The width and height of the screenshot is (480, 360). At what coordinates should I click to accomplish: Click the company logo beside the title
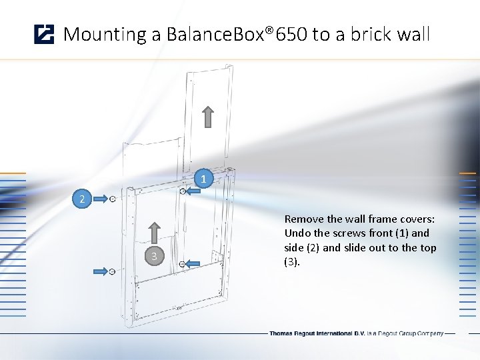[x=44, y=34]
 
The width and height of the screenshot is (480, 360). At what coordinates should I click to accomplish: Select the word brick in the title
[x=367, y=34]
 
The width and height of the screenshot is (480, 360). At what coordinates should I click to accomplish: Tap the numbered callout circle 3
[x=154, y=257]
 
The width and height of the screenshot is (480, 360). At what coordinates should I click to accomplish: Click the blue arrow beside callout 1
[x=194, y=191]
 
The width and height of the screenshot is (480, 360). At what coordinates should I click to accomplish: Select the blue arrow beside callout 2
[x=99, y=199]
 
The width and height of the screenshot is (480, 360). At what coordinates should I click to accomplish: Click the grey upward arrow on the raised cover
[x=208, y=116]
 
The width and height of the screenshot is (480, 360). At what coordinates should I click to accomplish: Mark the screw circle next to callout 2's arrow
[x=113, y=199]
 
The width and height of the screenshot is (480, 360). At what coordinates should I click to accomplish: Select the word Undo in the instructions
[x=297, y=233]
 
